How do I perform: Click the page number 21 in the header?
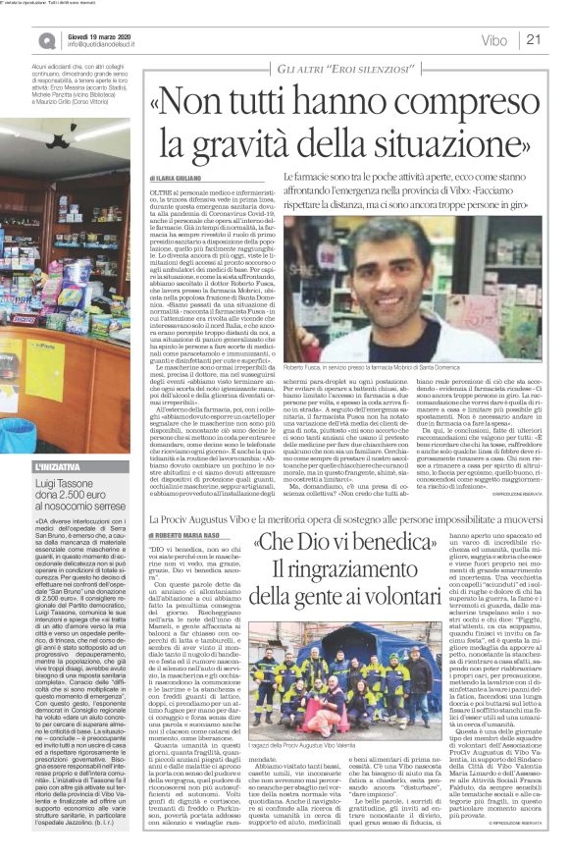(x=535, y=40)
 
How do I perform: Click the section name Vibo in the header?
(x=494, y=40)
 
